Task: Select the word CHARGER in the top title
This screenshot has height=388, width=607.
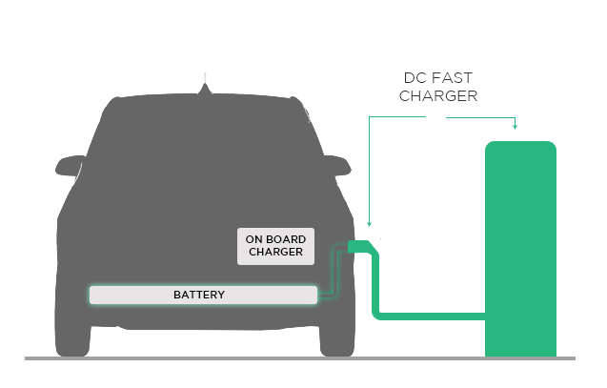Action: click(438, 96)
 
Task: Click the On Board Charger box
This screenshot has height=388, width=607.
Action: click(275, 246)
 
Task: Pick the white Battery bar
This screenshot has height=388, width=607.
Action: click(203, 295)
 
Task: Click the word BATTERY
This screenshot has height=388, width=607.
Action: click(199, 295)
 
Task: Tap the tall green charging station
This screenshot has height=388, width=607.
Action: click(520, 248)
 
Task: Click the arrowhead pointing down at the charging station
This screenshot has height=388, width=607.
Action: click(515, 126)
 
